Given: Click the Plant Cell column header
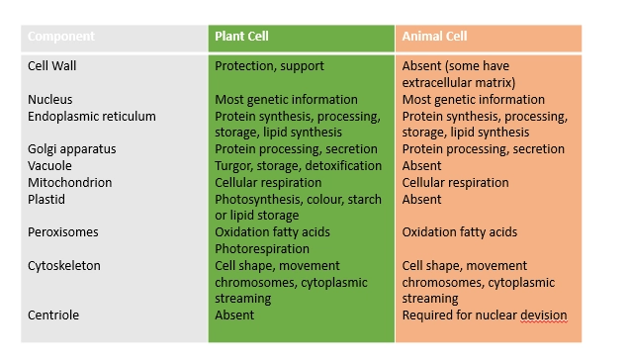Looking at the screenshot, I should pos(242,38).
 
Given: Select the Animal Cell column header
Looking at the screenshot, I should pos(434,38).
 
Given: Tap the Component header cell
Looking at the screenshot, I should pos(61,38).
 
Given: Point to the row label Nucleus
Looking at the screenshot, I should pos(50,100).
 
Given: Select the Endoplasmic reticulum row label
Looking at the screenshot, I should pos(92,117).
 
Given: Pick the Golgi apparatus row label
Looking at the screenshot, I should pos(72,149).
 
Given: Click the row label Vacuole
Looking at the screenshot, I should pos(50,166).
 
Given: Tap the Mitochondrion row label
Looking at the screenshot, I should pos(70,183).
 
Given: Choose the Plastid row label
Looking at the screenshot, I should pos(46,200).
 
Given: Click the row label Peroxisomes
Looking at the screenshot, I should pos(64,232).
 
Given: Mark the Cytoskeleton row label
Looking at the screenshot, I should pos(64,266).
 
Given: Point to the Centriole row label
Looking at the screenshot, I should pos(54,315).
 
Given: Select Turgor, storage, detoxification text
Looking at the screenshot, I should pos(299,166).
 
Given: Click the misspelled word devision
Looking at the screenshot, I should pos(540,315).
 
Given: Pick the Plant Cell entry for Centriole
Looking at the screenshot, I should pos(234,315).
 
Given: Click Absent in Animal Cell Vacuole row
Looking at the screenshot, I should pos(422,166).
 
